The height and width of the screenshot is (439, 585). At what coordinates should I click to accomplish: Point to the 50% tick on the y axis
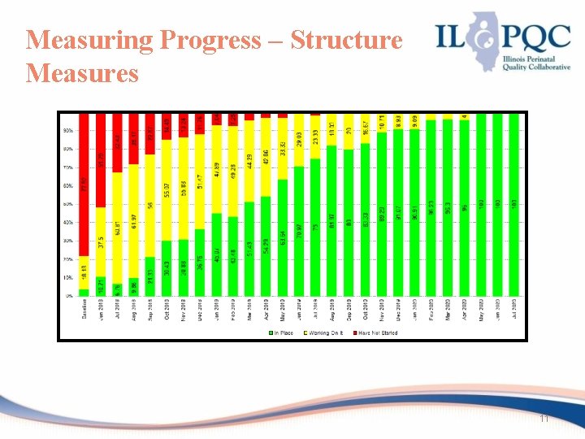[x=68, y=204]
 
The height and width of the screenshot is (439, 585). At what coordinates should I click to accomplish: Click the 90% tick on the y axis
[x=68, y=130]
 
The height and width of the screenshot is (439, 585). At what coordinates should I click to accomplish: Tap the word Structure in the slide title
[x=345, y=40]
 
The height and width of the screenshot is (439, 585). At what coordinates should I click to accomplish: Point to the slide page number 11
[x=544, y=418]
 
